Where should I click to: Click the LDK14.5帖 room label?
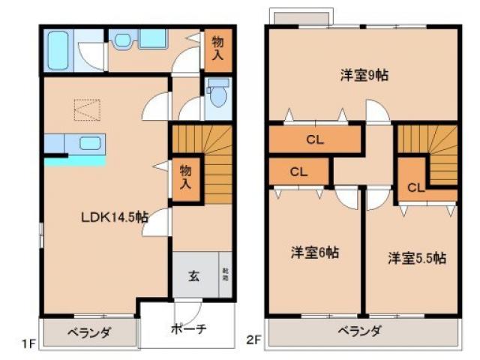tap(114, 217)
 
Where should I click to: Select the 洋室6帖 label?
tap(315, 253)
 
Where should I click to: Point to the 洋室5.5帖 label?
tap(416, 257)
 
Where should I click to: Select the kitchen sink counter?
tap(75, 142)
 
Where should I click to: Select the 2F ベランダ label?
tap(359, 331)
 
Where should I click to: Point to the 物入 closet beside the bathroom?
tap(217, 49)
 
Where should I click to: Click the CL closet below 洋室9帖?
tap(314, 139)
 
